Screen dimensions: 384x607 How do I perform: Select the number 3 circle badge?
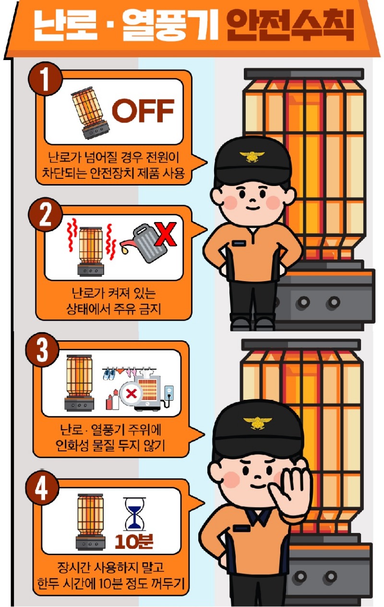pos(42,349)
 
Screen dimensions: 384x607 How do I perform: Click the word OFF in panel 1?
pos(143,110)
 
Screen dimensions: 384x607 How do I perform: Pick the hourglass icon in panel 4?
pos(134,513)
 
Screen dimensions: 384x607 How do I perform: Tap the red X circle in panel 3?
pos(131,393)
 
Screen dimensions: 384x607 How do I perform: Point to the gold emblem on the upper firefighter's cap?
pos(252,156)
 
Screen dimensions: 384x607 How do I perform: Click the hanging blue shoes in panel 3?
pos(109,374)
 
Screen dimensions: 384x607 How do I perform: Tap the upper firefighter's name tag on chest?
pos(239,243)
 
